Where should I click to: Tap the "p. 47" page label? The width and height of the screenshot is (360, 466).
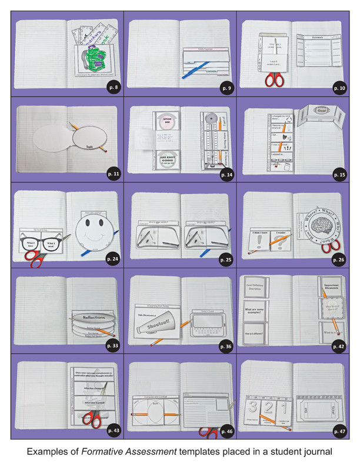click(x=339, y=431)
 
